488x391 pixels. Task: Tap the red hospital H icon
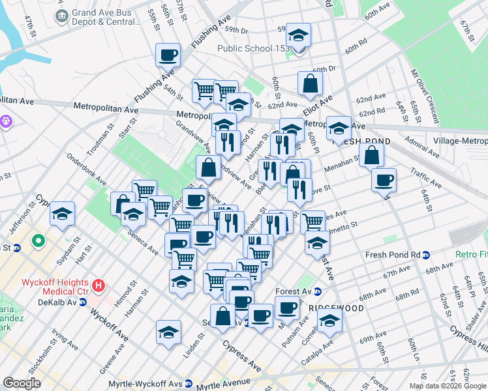point(99,285)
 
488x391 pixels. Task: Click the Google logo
point(22,383)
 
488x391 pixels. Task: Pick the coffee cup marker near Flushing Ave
point(168,55)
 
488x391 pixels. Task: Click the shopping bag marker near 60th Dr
point(311,83)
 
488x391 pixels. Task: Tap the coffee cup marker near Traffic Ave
point(384,179)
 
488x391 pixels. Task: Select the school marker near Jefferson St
point(62,213)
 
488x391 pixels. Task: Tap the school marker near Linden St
point(168,332)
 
